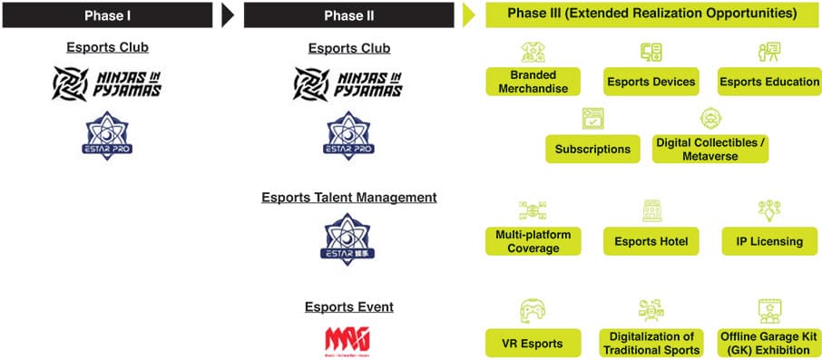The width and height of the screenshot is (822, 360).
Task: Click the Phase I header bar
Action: tap(107, 15)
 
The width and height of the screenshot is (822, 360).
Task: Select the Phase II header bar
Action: tap(348, 15)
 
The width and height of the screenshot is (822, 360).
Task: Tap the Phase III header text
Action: tap(652, 14)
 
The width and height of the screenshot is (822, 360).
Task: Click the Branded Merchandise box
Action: tap(533, 82)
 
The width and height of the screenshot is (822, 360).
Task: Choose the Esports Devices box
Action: tap(651, 82)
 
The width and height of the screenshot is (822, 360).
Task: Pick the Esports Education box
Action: tap(769, 82)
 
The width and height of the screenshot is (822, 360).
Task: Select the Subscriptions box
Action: tap(592, 149)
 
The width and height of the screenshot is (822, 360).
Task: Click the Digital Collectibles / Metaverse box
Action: tap(710, 150)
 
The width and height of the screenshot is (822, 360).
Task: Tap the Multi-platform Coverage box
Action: tap(533, 241)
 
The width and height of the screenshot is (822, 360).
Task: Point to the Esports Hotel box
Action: tap(651, 241)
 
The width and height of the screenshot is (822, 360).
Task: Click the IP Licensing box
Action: tap(769, 241)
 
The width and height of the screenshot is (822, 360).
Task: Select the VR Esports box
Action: tap(533, 344)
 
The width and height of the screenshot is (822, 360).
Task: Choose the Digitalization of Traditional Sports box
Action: tap(651, 344)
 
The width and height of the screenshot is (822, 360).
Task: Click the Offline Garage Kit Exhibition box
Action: tap(769, 344)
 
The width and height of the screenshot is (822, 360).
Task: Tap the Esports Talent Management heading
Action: tap(348, 197)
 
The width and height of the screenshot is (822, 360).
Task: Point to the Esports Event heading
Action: tap(348, 306)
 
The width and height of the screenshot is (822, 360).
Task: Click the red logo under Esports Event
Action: tap(348, 340)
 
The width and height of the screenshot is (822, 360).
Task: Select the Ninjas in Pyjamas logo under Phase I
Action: tap(107, 83)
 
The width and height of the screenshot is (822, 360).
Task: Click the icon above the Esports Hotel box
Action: tap(651, 211)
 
